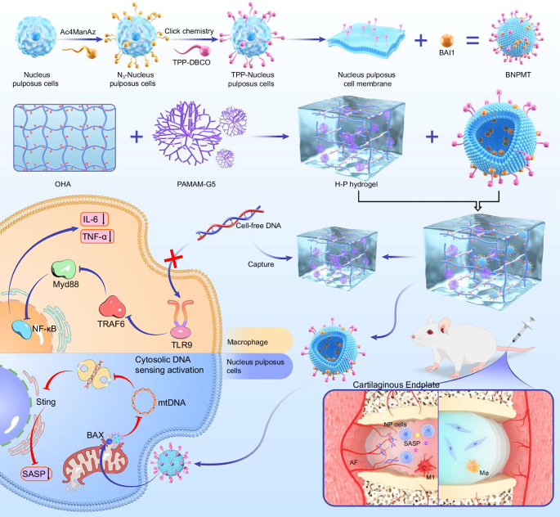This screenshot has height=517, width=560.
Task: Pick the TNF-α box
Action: pos(97,237)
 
